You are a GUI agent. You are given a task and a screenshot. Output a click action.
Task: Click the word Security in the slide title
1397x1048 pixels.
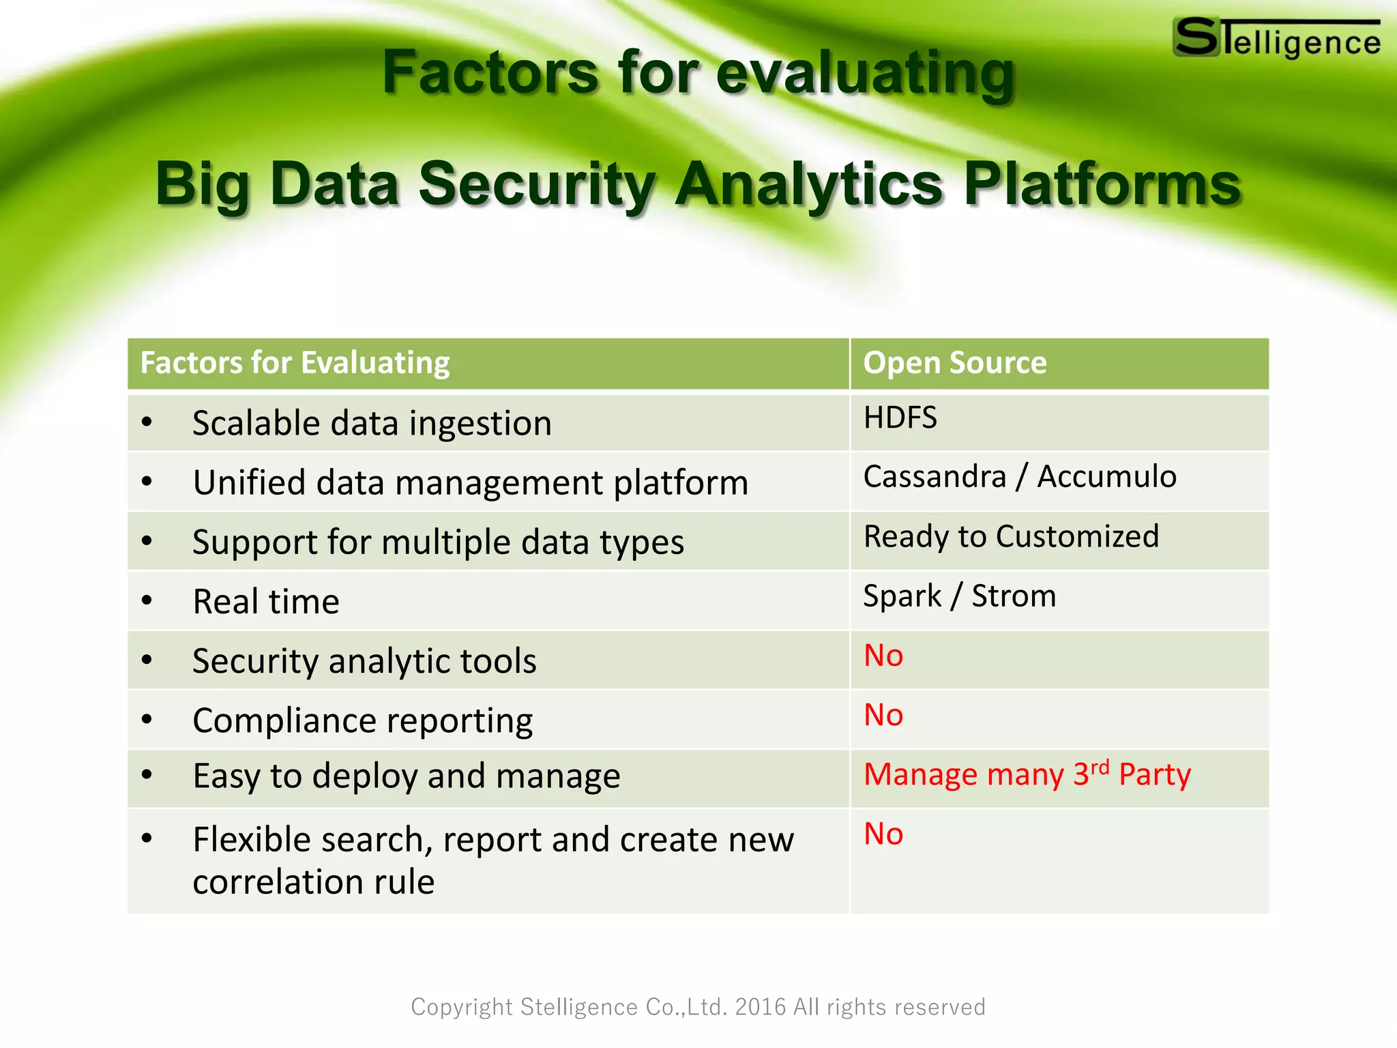[536, 184]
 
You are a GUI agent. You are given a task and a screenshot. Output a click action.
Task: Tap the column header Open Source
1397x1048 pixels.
[954, 363]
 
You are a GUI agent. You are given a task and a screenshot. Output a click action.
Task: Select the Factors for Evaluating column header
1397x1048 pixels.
[295, 363]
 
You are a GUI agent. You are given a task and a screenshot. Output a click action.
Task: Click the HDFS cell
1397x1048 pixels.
[900, 418]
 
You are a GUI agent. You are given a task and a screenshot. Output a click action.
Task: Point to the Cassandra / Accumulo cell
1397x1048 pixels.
[1019, 476]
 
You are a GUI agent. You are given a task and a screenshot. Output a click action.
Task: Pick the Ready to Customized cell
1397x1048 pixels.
[1011, 536]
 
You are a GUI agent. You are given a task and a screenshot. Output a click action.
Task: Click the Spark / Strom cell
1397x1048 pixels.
[959, 596]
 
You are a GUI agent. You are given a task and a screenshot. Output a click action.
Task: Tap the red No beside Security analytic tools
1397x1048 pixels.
[883, 656]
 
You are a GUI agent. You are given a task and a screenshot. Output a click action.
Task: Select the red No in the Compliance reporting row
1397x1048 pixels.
[883, 715]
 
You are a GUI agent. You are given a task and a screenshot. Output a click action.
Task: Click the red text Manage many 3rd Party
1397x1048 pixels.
[1027, 774]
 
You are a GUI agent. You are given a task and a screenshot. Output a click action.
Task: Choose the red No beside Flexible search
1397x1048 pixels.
[883, 834]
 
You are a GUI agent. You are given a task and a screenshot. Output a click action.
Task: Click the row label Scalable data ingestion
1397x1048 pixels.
[372, 423]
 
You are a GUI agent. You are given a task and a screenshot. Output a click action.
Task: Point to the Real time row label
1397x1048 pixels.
[266, 602]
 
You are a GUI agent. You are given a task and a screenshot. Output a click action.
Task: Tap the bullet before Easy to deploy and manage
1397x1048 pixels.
[147, 775]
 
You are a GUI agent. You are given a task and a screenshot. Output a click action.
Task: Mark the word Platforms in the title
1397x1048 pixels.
[1102, 184]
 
